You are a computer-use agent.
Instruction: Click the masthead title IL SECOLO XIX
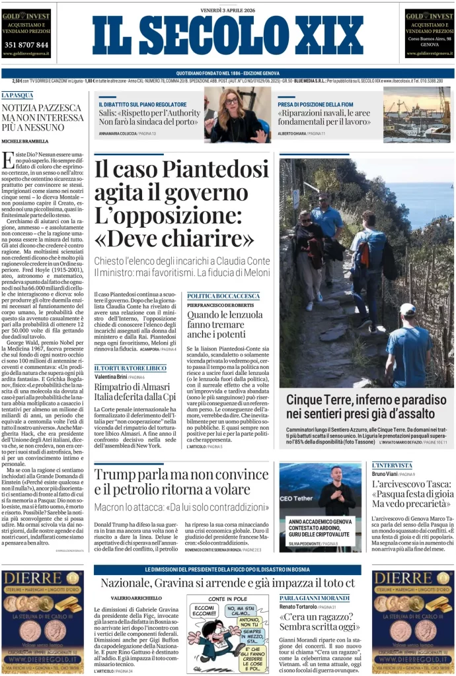[x=227, y=36]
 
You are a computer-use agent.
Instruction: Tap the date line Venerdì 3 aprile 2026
[x=227, y=9]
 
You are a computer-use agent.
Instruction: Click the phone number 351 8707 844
[x=26, y=44]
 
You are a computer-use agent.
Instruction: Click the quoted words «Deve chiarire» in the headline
[x=174, y=237]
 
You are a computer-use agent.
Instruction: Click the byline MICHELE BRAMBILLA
[x=25, y=141]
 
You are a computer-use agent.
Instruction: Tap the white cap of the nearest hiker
[x=408, y=309]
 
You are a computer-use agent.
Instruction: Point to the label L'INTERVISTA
[x=391, y=465]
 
